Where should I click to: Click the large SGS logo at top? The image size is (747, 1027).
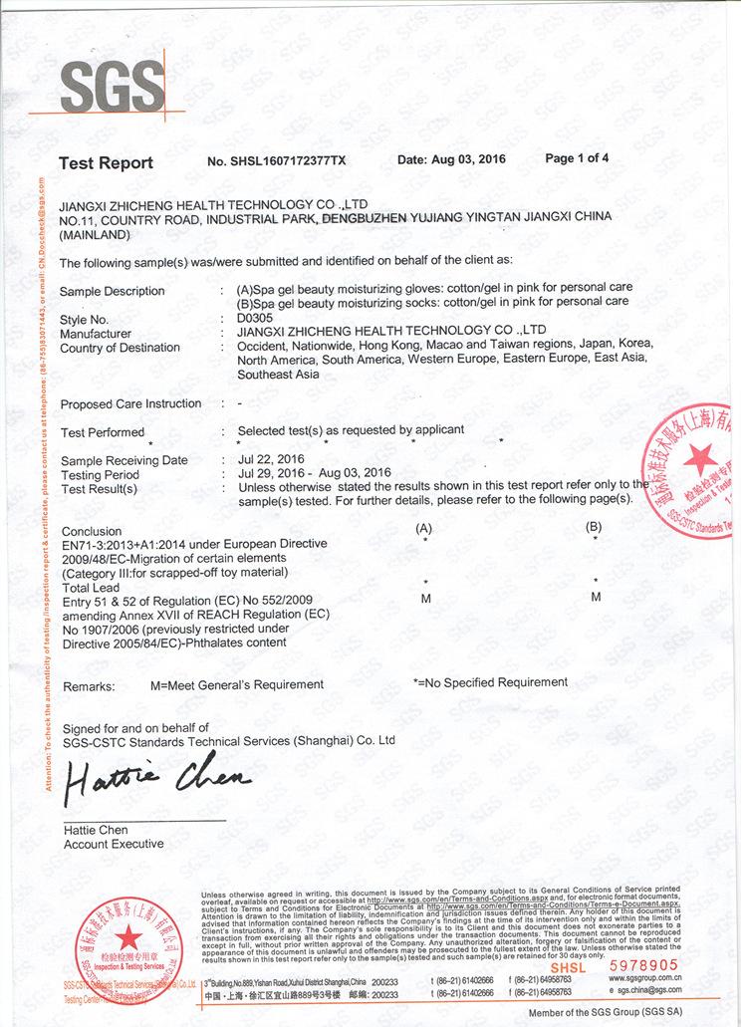pos(112,87)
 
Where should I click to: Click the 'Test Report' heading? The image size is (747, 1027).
pos(106,162)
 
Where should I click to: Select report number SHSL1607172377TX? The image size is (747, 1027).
pos(277,160)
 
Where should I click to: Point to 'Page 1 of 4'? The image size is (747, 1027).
pos(577,158)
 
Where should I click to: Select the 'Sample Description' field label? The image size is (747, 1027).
pos(113,291)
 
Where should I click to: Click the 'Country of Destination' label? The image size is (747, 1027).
pos(120,348)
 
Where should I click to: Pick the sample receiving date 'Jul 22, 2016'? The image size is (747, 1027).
pos(272,459)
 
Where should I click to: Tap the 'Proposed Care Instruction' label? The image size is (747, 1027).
pos(130,403)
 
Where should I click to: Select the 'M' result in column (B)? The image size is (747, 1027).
pos(596,597)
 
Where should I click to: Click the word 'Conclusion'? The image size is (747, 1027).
pos(92,531)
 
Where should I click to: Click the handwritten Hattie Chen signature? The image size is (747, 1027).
pos(156,783)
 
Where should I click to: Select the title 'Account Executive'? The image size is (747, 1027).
pos(114,844)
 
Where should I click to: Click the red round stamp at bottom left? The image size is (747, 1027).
pos(127,942)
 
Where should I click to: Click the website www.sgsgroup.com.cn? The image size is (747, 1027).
pos(644,978)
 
